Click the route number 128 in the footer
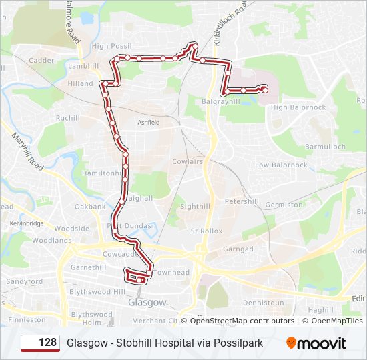tap(47, 343)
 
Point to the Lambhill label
tap(83, 66)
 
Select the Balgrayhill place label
tap(221, 102)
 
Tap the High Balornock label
tap(298, 107)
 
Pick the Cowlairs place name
tap(188, 161)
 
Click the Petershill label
tap(242, 201)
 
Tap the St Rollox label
tap(206, 231)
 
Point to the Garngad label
tap(238, 249)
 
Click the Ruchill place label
tap(68, 118)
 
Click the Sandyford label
tap(24, 282)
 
